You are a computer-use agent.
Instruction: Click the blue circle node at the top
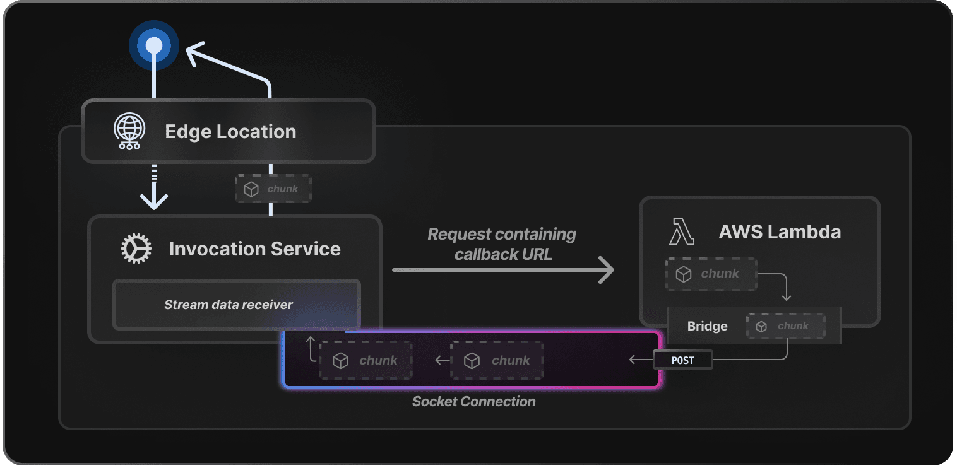pyautogui.click(x=154, y=45)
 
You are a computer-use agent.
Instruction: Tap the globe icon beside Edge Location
pyautogui.click(x=129, y=132)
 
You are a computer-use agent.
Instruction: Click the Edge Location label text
pyautogui.click(x=230, y=132)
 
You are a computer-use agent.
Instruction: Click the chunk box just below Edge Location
pyautogui.click(x=273, y=189)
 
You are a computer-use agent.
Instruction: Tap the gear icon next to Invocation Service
pyautogui.click(x=136, y=249)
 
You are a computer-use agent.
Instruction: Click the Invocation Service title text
pyautogui.click(x=254, y=249)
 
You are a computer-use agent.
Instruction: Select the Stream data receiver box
pyautogui.click(x=236, y=305)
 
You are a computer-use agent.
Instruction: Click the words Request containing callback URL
pyautogui.click(x=502, y=244)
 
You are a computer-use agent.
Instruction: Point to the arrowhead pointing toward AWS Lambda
pyautogui.click(x=605, y=270)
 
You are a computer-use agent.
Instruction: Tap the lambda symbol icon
pyautogui.click(x=681, y=232)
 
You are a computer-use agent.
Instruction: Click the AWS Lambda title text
pyautogui.click(x=780, y=232)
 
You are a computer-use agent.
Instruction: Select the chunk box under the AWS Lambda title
pyautogui.click(x=711, y=274)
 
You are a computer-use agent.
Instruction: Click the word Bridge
pyautogui.click(x=707, y=326)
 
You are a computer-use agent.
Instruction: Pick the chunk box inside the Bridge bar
pyautogui.click(x=785, y=326)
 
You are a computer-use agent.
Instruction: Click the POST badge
pyautogui.click(x=682, y=360)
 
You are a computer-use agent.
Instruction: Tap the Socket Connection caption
pyautogui.click(x=473, y=402)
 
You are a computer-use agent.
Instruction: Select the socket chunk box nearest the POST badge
pyautogui.click(x=497, y=361)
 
